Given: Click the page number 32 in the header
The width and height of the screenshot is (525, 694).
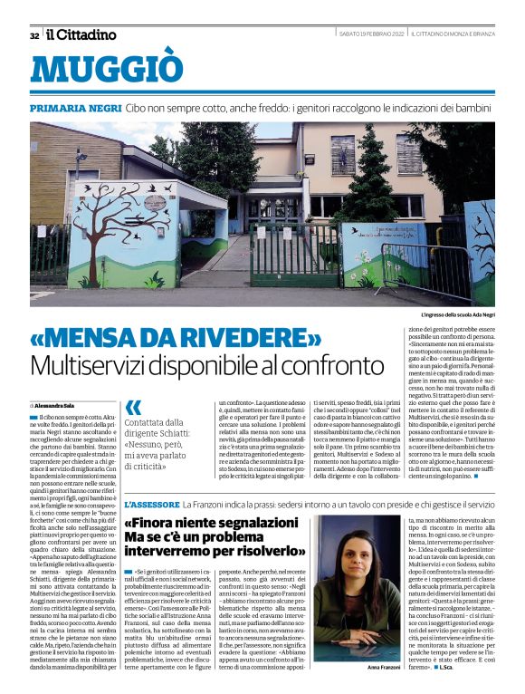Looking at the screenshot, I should tap(34, 35).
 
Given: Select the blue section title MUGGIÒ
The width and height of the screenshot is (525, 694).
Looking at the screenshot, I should tap(113, 70).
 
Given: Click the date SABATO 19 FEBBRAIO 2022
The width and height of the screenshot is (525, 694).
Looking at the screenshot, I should tap(369, 34).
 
